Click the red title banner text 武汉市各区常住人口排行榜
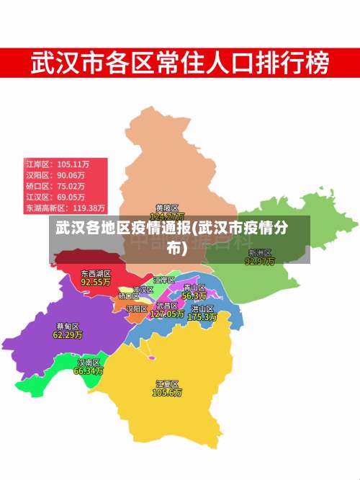coord(179,64)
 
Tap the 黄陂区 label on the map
coord(167,208)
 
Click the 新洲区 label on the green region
coord(260,253)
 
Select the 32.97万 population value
coord(260,262)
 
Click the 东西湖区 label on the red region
coord(95,274)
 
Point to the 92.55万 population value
coord(95,283)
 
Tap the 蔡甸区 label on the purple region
coord(68,326)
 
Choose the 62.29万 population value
coord(68,335)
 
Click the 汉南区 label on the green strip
coord(89,363)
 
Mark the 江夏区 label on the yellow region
coord(167,383)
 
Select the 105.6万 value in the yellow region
coord(167,393)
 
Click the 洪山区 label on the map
coord(202,308)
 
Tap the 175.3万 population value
coord(202,316)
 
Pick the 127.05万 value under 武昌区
coord(166,314)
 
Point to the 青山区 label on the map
coord(194,288)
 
